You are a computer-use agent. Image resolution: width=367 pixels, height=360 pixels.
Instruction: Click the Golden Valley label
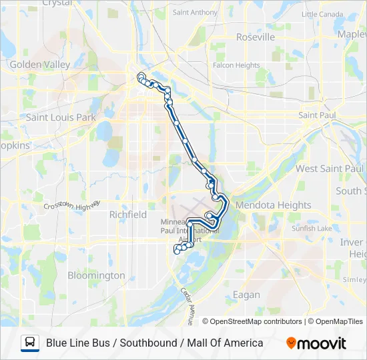[35, 65]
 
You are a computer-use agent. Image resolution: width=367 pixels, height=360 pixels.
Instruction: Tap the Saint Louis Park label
[61, 117]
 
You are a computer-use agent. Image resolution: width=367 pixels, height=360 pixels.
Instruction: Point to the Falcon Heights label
[236, 65]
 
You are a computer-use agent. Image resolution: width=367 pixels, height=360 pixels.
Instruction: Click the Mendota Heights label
[274, 205]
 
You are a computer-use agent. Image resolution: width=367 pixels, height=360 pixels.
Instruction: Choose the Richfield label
[127, 215]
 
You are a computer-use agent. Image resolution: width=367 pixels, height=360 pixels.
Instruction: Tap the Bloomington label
[96, 275]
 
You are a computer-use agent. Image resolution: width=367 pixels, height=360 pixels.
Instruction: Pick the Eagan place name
[248, 295]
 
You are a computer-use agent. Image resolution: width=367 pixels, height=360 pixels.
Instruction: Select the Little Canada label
[322, 13]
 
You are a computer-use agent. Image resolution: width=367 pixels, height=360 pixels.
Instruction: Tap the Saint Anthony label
[195, 12]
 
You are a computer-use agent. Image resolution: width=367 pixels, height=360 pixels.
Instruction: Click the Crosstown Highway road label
[71, 205]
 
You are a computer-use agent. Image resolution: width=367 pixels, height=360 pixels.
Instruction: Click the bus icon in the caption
[30, 343]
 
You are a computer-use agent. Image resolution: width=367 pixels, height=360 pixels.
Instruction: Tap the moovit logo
[316, 343]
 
